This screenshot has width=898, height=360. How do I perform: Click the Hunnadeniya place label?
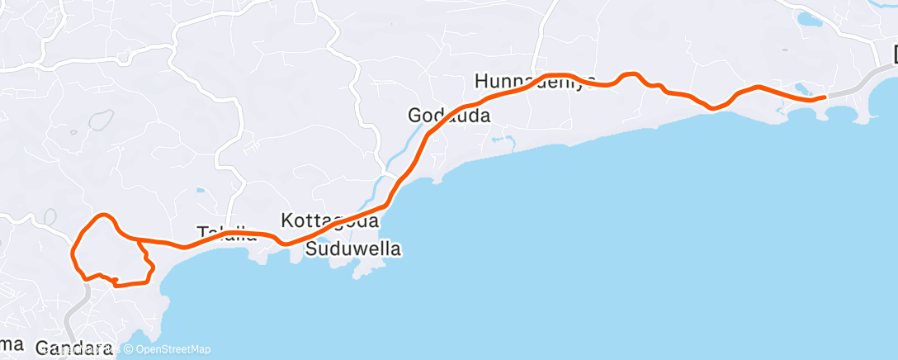[535, 81]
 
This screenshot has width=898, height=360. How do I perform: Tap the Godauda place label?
[449, 116]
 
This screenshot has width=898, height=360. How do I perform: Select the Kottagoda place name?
[329, 221]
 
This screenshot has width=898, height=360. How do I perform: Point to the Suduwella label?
[353, 249]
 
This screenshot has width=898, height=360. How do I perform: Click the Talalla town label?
[227, 233]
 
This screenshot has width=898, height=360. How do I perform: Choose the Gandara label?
[73, 349]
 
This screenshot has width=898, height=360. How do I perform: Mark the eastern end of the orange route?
[825, 97]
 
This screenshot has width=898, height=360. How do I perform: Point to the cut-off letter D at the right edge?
[895, 55]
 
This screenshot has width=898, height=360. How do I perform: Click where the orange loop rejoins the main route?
[137, 240]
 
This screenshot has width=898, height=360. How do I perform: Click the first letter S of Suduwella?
[311, 249]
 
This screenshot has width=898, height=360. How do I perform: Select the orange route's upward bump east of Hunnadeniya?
[631, 75]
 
